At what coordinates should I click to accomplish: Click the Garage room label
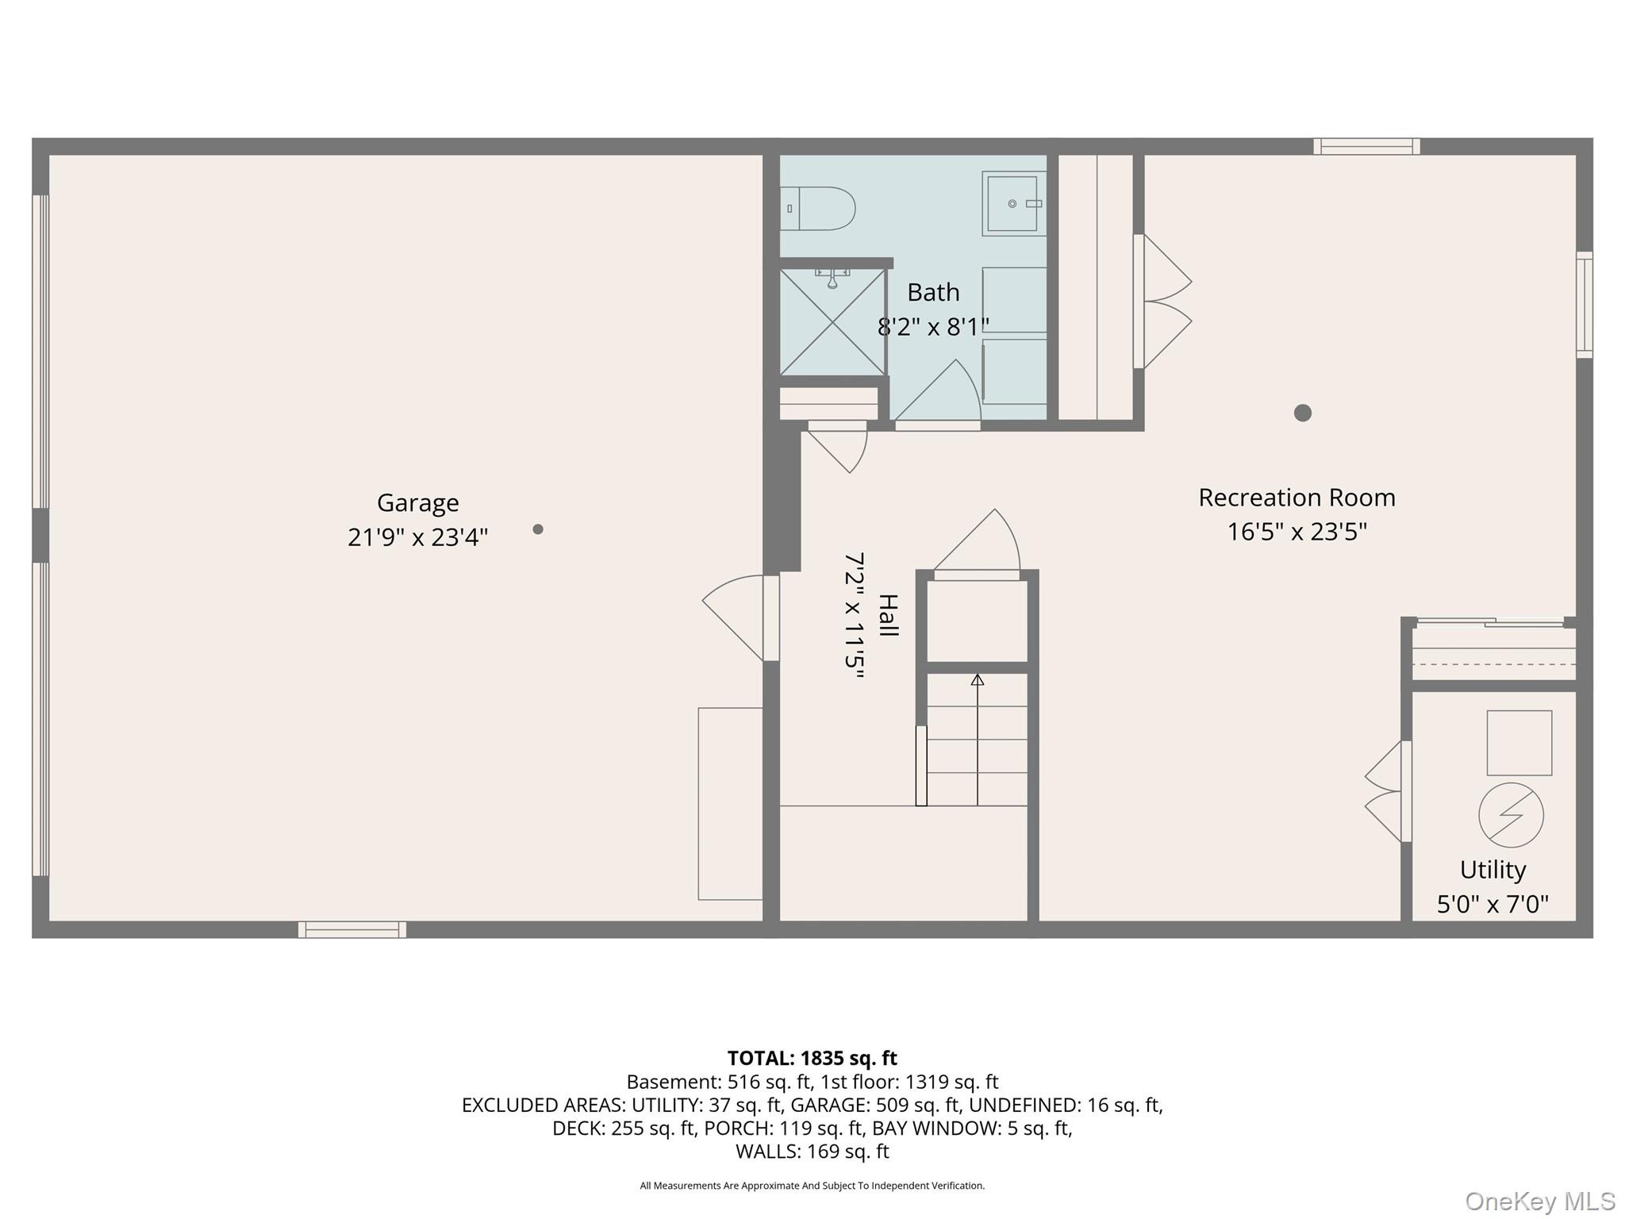[417, 503]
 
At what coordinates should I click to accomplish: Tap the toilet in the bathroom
[817, 209]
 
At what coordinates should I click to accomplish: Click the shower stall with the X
[832, 321]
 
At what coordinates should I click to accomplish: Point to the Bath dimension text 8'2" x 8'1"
[933, 326]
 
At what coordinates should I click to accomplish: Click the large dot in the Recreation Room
[1302, 413]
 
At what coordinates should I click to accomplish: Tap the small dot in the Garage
[538, 529]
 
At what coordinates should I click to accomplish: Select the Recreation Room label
[1297, 498]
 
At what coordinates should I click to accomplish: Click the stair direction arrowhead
[978, 680]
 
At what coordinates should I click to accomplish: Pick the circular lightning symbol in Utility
[1511, 815]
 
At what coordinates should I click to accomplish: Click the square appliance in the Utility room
[1519, 743]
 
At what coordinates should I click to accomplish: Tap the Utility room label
[1492, 870]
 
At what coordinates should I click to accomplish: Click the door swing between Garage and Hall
[732, 617]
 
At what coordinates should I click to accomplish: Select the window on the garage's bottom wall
[352, 929]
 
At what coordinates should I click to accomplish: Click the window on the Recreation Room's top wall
[1366, 146]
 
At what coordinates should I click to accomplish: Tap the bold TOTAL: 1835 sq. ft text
[812, 1058]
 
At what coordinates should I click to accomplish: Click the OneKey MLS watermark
[1539, 1201]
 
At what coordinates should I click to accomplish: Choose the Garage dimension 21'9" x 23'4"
[417, 537]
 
